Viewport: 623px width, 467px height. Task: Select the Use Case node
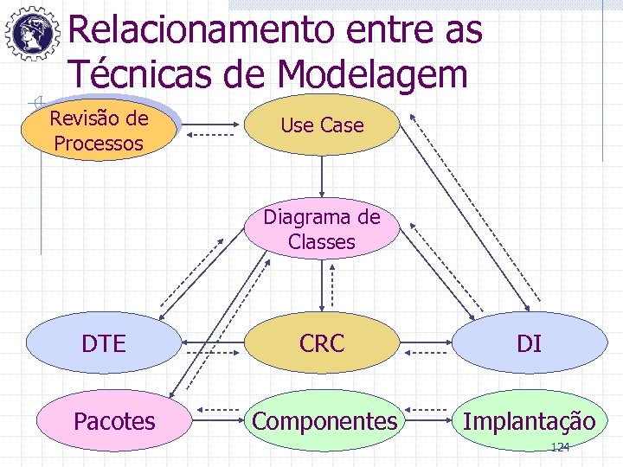(322, 125)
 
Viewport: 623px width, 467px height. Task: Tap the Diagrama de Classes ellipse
(322, 229)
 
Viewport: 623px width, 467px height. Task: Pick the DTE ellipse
(103, 343)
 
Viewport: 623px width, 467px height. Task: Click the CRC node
(322, 343)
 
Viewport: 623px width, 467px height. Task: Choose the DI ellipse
(529, 343)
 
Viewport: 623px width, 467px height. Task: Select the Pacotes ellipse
(114, 421)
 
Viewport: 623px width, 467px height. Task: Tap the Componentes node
(324, 421)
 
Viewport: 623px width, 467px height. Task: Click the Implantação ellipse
(529, 421)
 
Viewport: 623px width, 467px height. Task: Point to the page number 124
(561, 447)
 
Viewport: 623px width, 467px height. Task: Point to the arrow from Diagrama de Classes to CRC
(323, 285)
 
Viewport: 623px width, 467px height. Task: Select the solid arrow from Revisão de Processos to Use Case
(209, 125)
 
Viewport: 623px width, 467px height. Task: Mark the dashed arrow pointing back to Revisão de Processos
(209, 137)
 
